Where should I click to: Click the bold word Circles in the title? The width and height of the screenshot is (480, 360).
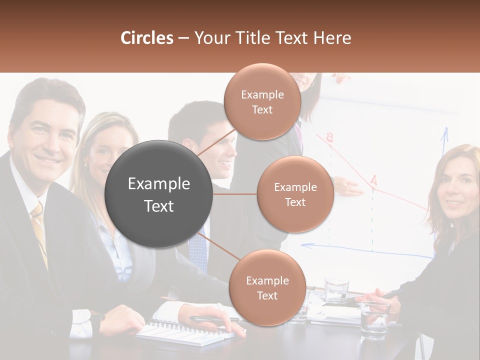pyautogui.click(x=147, y=38)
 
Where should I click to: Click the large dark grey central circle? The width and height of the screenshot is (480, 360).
pyautogui.click(x=159, y=194)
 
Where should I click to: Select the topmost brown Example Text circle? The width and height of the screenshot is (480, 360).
pyautogui.click(x=262, y=101)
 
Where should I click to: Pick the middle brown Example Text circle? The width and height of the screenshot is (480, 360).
pyautogui.click(x=295, y=194)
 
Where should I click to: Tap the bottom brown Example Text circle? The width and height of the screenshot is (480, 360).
pyautogui.click(x=267, y=287)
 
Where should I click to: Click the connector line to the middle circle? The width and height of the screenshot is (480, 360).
pyautogui.click(x=235, y=194)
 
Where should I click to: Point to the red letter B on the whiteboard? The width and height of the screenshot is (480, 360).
pyautogui.click(x=329, y=137)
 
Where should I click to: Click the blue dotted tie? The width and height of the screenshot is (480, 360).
pyautogui.click(x=198, y=250)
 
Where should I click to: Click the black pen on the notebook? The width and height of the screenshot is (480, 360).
pyautogui.click(x=210, y=318)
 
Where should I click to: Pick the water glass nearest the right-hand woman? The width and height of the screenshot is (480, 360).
pyautogui.click(x=374, y=320)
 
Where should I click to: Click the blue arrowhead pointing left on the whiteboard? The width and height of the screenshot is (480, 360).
pyautogui.click(x=305, y=245)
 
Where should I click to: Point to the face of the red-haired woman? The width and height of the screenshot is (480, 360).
pyautogui.click(x=459, y=190)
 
